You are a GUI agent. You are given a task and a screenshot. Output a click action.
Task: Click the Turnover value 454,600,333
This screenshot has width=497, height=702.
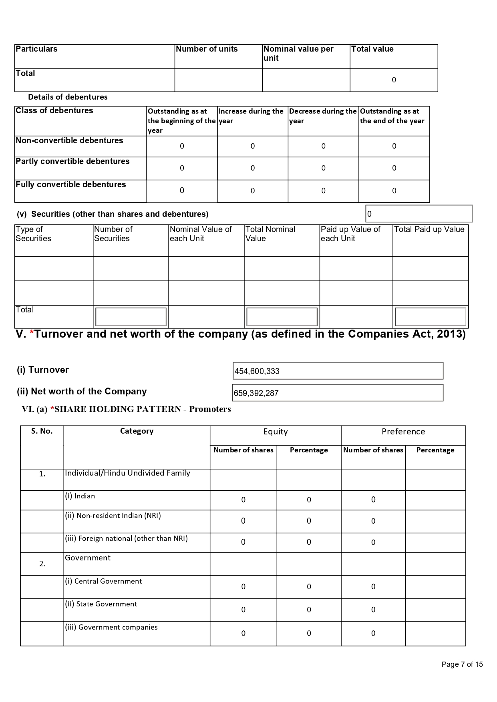[x=257, y=371]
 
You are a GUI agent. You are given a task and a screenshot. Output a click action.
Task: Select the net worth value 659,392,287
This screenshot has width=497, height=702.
[x=256, y=393]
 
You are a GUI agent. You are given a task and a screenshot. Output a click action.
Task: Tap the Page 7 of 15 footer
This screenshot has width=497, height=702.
[x=462, y=664]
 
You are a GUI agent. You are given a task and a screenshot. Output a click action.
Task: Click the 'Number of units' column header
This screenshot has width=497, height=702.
[x=207, y=49]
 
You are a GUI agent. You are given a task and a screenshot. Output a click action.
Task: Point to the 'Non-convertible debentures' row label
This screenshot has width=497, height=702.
[x=69, y=141]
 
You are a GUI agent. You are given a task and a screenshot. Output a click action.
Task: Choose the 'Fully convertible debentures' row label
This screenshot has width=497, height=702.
[x=70, y=185]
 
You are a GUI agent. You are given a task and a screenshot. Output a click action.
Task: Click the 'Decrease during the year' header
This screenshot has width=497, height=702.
[x=323, y=116]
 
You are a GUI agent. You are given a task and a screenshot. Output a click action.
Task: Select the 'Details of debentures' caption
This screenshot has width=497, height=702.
[x=68, y=97]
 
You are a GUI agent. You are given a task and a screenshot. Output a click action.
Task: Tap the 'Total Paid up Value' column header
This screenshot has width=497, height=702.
[x=429, y=230]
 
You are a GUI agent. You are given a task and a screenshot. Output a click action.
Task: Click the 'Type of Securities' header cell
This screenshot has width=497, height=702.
[x=33, y=234]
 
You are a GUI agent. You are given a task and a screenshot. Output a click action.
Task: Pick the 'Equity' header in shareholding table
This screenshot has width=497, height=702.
[x=275, y=432]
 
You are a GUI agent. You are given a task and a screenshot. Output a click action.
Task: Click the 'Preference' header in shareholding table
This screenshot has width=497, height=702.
[x=403, y=432]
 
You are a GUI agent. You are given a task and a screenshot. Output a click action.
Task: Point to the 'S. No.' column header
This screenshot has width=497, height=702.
[x=42, y=431]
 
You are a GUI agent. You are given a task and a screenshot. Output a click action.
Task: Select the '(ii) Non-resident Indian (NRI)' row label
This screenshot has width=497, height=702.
[x=113, y=516]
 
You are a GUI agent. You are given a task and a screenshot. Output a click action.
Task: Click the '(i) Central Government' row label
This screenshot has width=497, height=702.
[x=103, y=581]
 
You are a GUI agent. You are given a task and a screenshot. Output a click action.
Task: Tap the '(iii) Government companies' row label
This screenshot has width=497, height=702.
[x=111, y=627]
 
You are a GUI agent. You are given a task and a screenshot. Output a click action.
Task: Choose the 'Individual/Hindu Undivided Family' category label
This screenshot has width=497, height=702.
[x=127, y=473]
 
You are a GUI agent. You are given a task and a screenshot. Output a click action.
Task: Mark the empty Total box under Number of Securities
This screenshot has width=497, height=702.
[x=131, y=317]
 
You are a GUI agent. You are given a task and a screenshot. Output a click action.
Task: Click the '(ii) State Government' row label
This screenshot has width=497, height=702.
[x=101, y=604]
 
